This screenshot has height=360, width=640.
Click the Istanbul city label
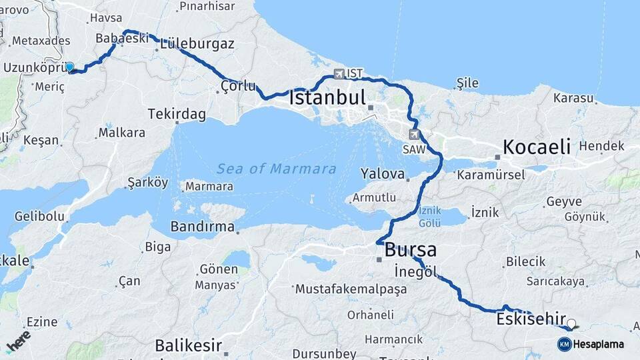click(x=327, y=98)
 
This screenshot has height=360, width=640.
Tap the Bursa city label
click(x=410, y=250)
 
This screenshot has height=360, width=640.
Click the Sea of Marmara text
click(x=276, y=169)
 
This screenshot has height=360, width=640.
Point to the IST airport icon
click(x=339, y=74)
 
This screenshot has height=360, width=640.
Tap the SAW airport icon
click(x=414, y=135)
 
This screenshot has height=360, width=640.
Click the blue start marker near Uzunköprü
click(x=69, y=67)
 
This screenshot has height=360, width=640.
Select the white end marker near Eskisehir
click(x=571, y=323)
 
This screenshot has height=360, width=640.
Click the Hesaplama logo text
click(x=598, y=344)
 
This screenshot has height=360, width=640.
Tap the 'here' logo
click(x=18, y=341)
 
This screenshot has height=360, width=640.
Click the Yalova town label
click(x=383, y=174)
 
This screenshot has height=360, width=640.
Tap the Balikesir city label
click(x=187, y=345)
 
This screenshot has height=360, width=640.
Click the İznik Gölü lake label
click(x=429, y=216)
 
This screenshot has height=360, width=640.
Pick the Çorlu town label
click(x=238, y=85)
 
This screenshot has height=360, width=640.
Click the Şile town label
click(x=468, y=83)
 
